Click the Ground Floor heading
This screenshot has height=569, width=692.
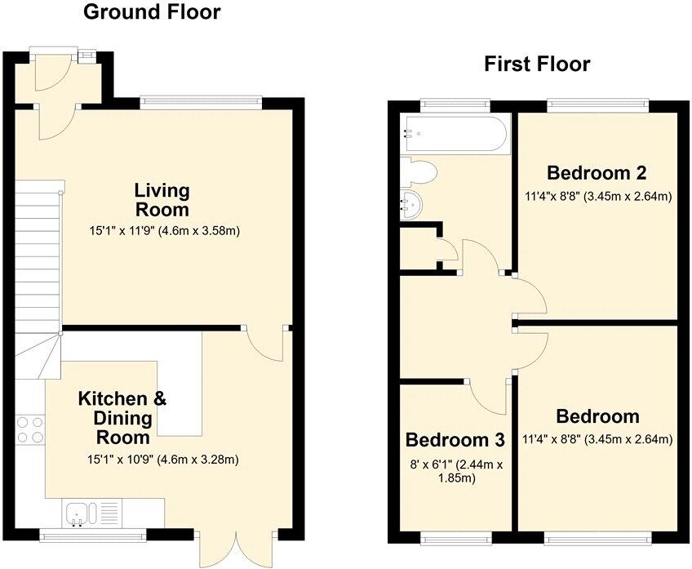(x=152, y=12)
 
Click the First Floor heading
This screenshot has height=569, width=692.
(x=536, y=64)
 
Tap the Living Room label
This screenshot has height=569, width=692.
(x=162, y=200)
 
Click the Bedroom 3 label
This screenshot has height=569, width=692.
(x=455, y=440)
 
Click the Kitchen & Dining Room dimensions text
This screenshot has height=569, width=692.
(x=162, y=459)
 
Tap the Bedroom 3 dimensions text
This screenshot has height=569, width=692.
(x=455, y=471)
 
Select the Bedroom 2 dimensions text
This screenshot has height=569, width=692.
(x=597, y=196)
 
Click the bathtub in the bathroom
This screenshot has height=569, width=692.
(x=455, y=133)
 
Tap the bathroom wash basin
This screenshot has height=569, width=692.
(x=413, y=205)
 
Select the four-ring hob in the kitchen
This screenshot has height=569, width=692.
(x=29, y=429)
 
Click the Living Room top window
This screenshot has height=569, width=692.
(x=201, y=103)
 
